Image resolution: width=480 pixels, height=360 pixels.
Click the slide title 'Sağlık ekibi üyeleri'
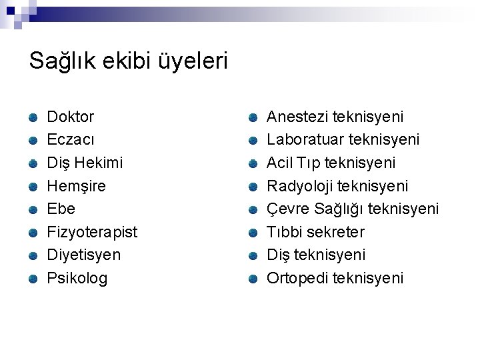(129, 62)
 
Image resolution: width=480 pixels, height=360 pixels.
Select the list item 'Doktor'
(71, 117)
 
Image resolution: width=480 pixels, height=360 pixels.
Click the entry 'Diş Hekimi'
(85, 163)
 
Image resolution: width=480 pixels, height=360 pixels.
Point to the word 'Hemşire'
(76, 186)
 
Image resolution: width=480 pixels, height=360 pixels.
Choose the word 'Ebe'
(61, 209)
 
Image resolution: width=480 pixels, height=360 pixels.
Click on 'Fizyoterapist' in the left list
(92, 232)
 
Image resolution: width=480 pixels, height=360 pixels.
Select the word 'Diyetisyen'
(84, 255)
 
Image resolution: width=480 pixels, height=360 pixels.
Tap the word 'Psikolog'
(77, 278)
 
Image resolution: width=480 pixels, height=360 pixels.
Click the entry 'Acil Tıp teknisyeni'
(331, 163)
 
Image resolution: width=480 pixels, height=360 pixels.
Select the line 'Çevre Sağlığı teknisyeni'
(353, 209)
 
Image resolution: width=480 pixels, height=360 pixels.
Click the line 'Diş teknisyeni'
(316, 255)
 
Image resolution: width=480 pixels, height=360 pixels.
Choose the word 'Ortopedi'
(295, 278)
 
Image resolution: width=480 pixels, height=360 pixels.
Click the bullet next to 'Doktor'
(33, 118)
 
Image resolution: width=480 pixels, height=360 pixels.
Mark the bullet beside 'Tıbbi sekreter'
(253, 233)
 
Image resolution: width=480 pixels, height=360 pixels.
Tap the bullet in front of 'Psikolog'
(33, 279)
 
